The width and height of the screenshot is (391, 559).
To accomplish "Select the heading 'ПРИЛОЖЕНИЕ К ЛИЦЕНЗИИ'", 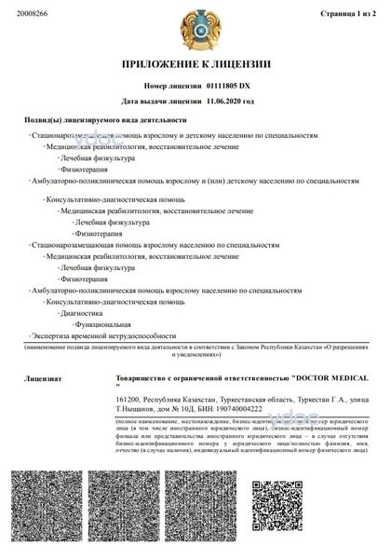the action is (195, 64).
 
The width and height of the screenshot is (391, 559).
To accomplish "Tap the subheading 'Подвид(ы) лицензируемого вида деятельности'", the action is (104, 119).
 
